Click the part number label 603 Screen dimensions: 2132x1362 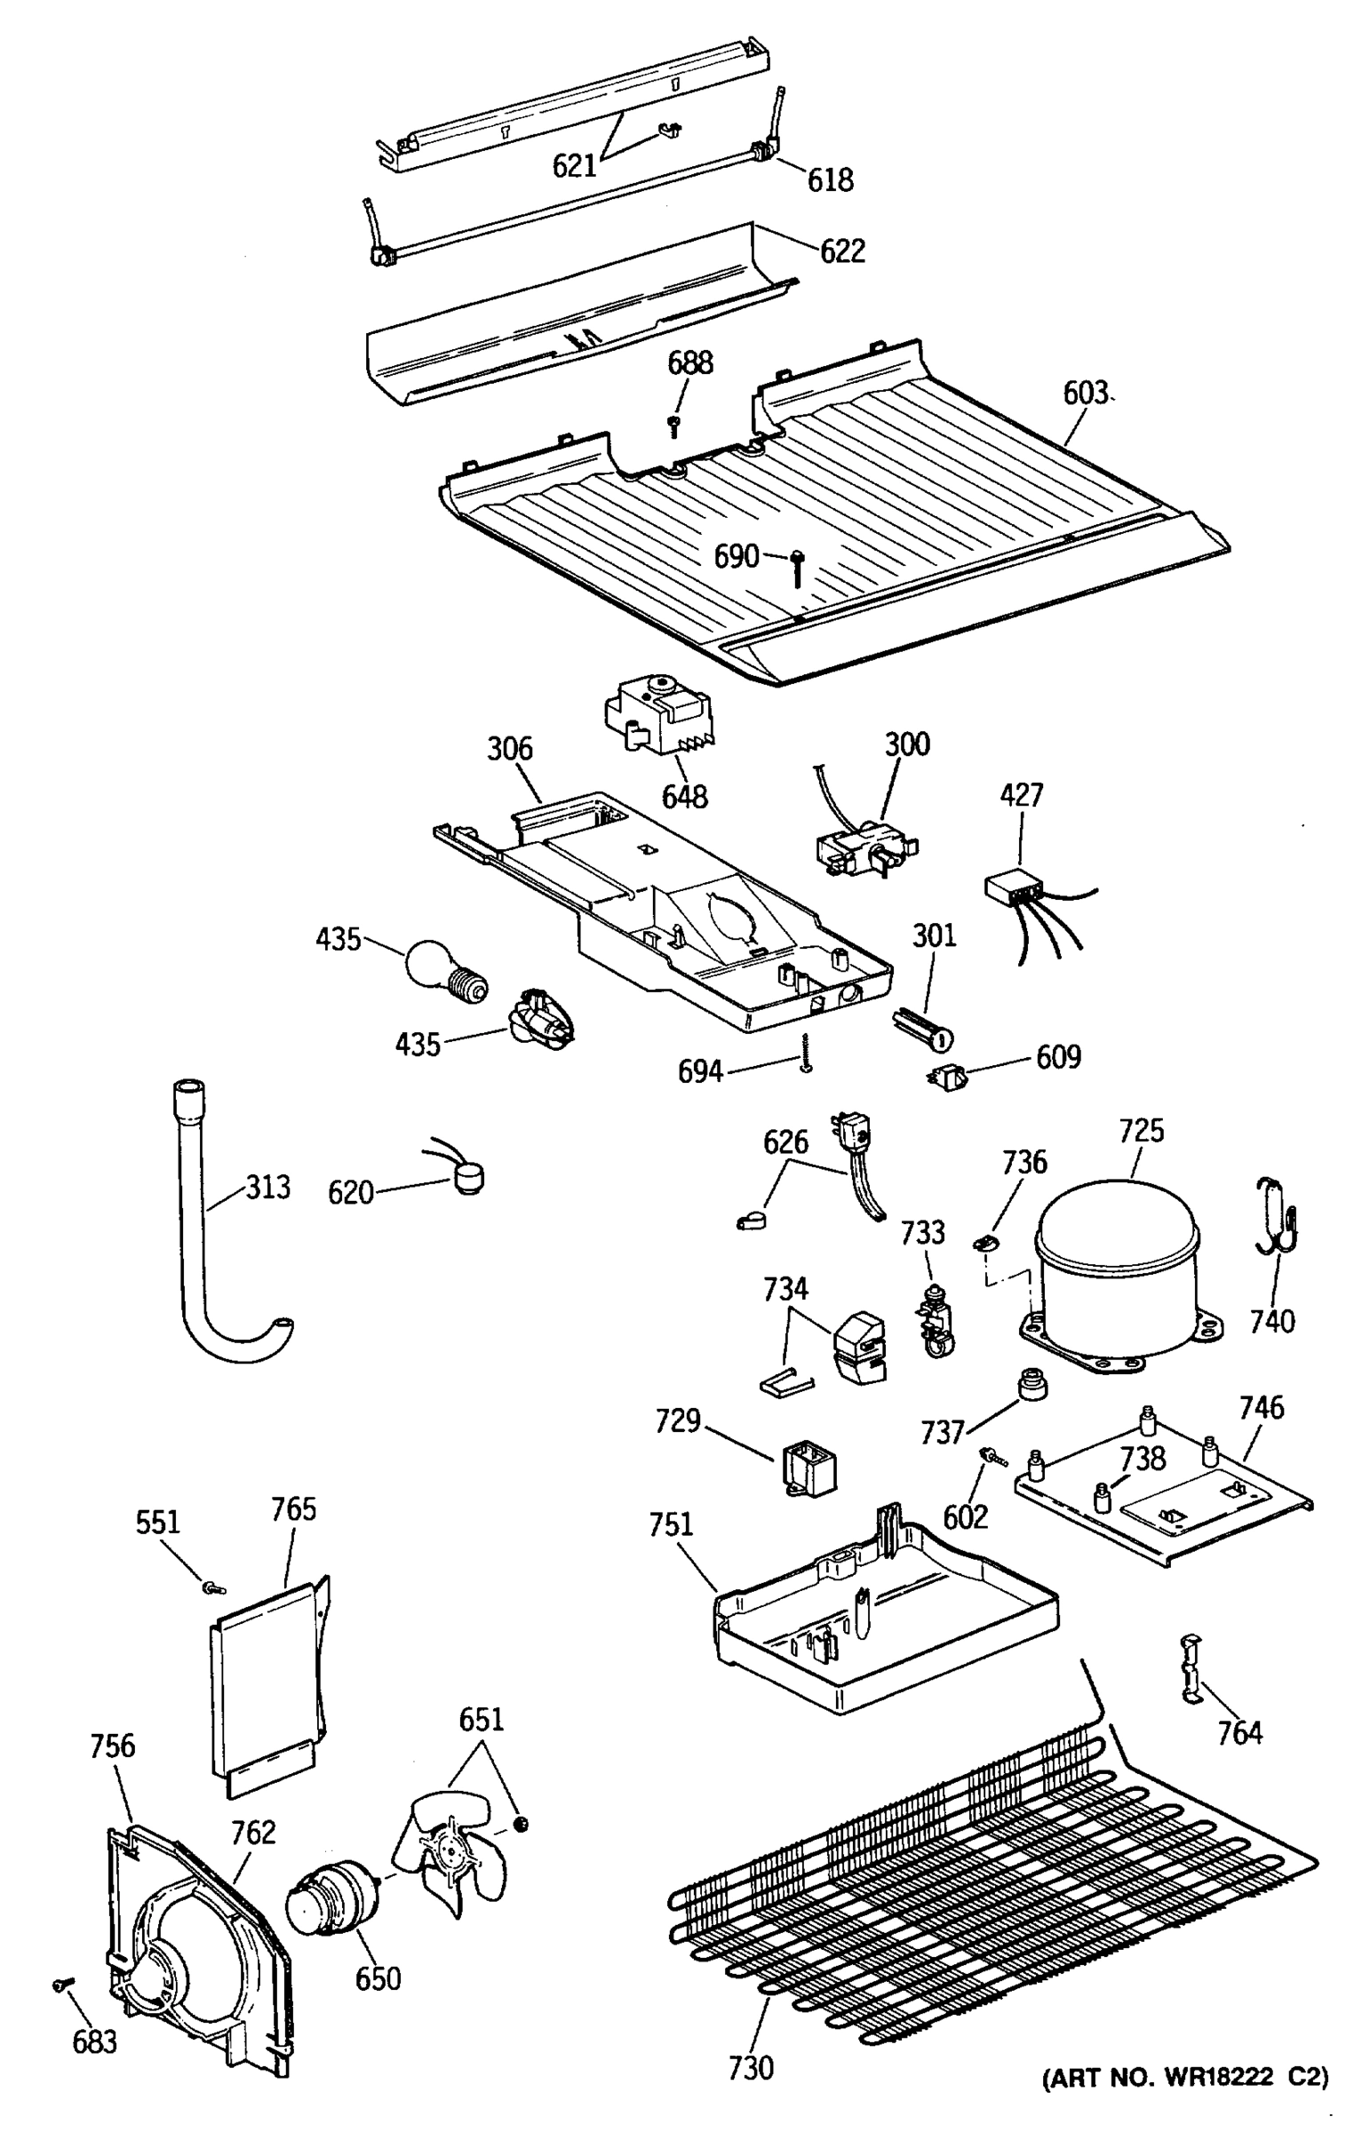(1086, 393)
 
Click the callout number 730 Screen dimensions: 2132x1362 (751, 2069)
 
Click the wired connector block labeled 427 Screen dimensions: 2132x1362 (1014, 887)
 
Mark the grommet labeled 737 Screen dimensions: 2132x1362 (1030, 1384)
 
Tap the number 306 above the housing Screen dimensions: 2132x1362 (509, 749)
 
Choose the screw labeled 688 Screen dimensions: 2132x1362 (673, 426)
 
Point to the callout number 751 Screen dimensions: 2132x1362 (671, 1524)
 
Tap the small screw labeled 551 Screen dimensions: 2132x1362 (212, 1587)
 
